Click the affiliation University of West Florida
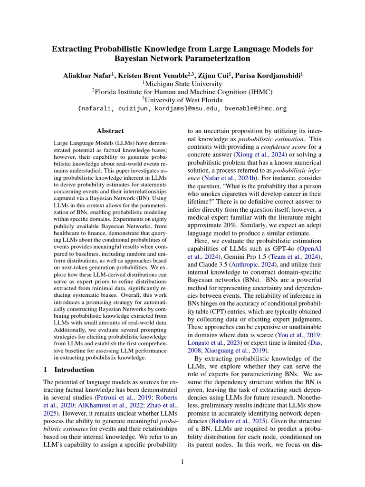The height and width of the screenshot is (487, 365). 184,99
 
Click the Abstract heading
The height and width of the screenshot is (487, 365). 110,131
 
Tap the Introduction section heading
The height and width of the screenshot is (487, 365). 74,370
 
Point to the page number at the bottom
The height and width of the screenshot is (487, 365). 182,461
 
